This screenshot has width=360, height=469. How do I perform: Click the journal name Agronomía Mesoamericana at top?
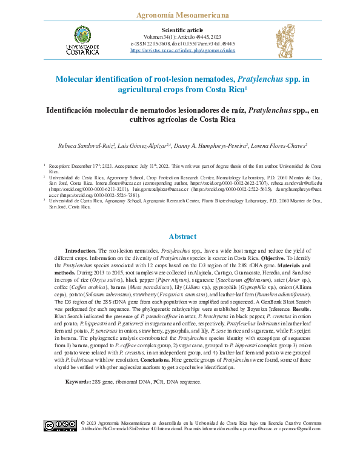point(180,13)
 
